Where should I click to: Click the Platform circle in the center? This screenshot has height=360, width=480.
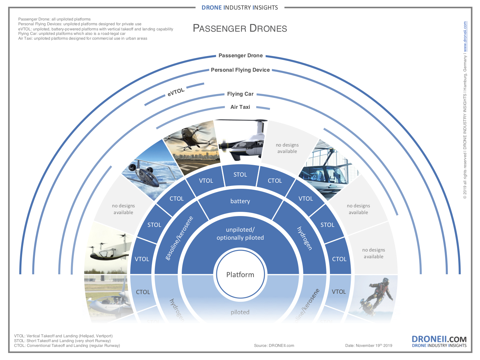click(x=240, y=275)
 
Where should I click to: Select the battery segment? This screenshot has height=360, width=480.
click(x=240, y=201)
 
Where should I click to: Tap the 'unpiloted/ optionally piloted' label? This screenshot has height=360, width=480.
click(x=240, y=234)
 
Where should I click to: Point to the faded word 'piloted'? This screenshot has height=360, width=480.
click(x=240, y=312)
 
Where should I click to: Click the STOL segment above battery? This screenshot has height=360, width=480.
click(x=240, y=175)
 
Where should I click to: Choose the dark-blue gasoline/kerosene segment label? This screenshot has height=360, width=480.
click(x=179, y=238)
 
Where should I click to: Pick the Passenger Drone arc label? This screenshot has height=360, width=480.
click(x=241, y=56)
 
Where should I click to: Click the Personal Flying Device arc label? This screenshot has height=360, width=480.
click(x=240, y=70)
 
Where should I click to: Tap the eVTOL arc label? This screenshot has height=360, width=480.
click(x=176, y=92)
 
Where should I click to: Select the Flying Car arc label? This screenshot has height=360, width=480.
click(x=240, y=94)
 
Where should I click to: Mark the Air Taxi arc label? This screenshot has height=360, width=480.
click(x=240, y=107)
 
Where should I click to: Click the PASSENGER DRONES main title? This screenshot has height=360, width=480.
click(x=240, y=28)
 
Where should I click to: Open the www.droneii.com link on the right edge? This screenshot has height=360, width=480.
click(x=465, y=37)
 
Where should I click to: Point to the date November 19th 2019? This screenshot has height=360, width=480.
click(x=369, y=346)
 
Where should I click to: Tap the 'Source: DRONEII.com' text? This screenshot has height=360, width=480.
click(x=274, y=346)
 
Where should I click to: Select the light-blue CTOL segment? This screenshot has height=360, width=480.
click(x=143, y=292)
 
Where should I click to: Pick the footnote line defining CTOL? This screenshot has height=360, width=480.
click(x=67, y=346)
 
